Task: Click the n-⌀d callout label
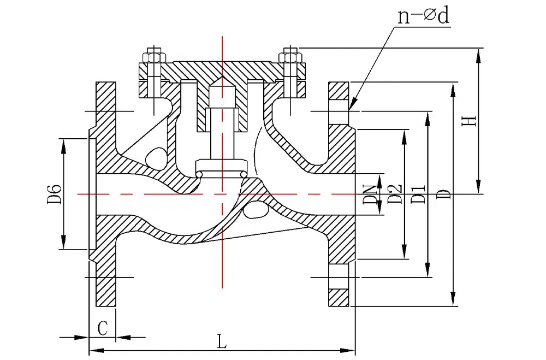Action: point(423,17)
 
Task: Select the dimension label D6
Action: point(54,194)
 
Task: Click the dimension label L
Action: point(221,342)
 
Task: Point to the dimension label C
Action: point(102,328)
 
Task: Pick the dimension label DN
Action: point(372,193)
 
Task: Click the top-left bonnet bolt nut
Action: point(152,56)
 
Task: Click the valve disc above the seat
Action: point(222,168)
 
